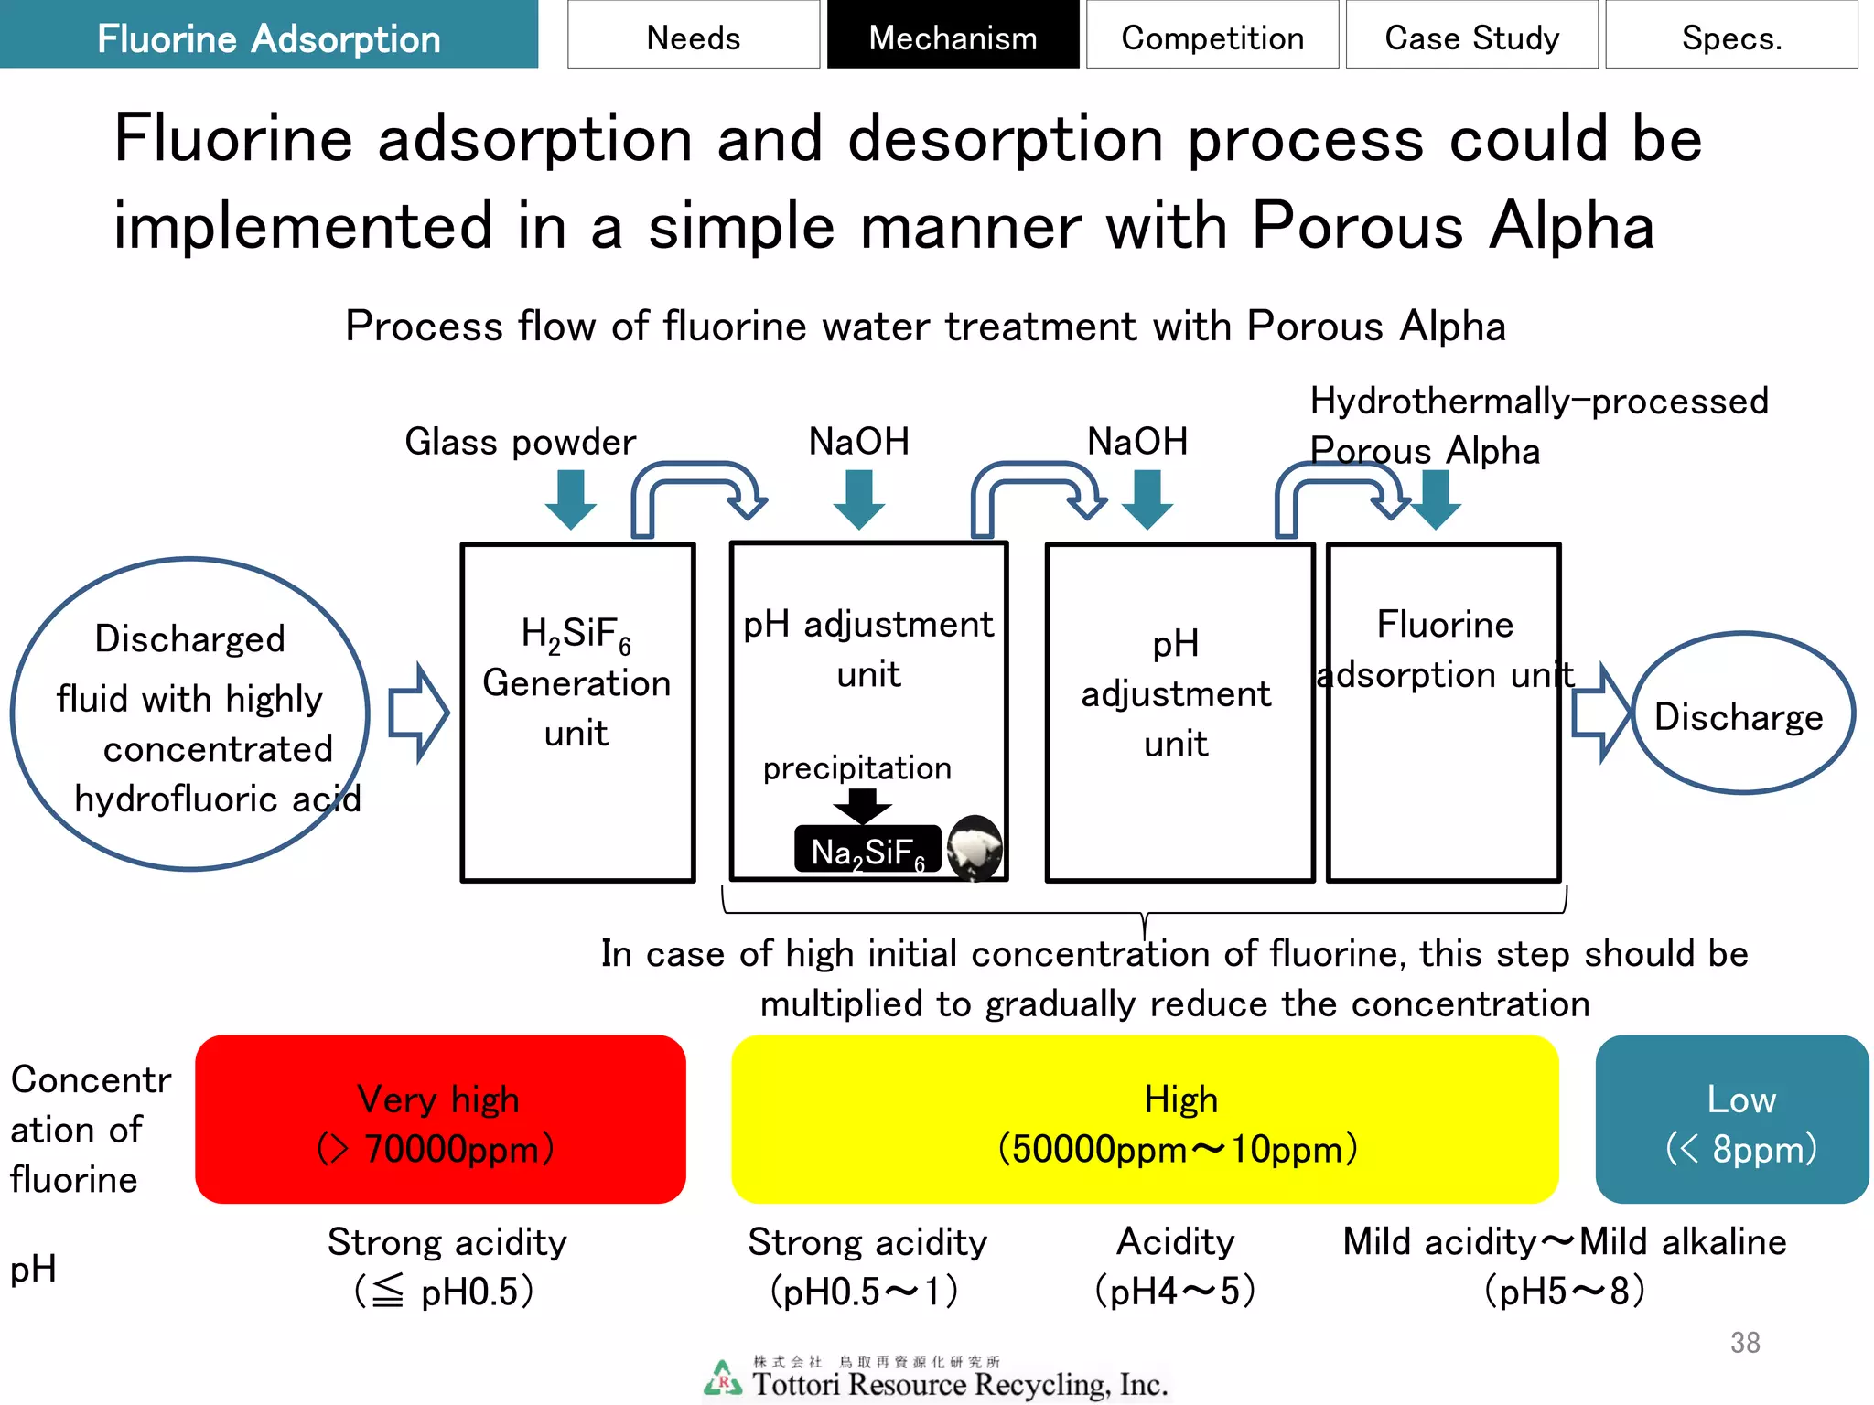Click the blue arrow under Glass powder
click(571, 499)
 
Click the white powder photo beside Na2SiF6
click(974, 847)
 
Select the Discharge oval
click(1741, 713)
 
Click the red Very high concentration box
click(440, 1119)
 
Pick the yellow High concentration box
click(1144, 1119)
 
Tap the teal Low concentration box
click(1731, 1119)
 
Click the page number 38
click(1744, 1342)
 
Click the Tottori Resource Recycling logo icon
click(723, 1378)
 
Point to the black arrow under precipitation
click(862, 805)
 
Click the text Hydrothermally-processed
click(1539, 402)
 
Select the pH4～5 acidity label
click(1175, 1291)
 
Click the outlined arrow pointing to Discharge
click(1599, 713)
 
